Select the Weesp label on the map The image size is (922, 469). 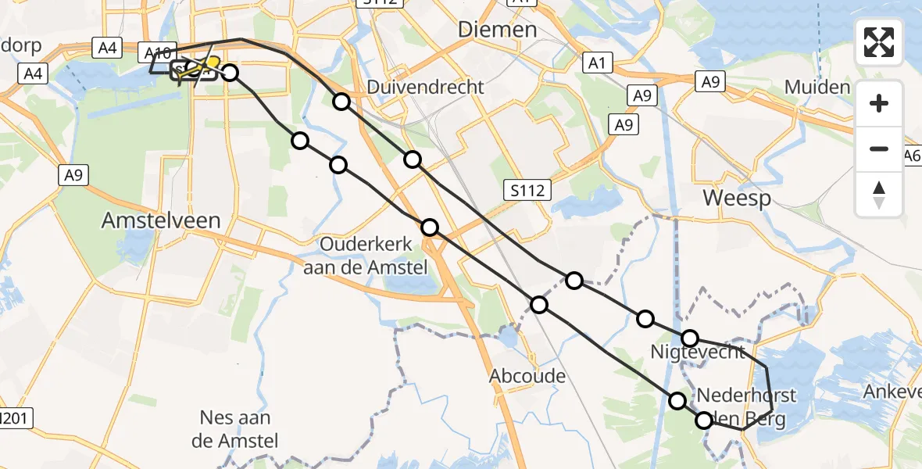pos(737,198)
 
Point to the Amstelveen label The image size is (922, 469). pos(161,221)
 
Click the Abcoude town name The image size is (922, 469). pos(527,376)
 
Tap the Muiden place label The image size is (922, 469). pos(817,87)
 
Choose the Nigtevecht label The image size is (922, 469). pos(698,353)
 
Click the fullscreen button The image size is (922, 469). pos(879,42)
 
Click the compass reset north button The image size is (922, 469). pos(879,195)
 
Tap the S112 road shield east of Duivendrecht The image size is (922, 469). pos(527,189)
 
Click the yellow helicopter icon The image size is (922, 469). pos(205,66)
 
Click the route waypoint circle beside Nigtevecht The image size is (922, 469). pos(690,338)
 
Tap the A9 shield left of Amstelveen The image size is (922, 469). pos(73,176)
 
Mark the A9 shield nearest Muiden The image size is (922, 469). pos(709,81)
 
